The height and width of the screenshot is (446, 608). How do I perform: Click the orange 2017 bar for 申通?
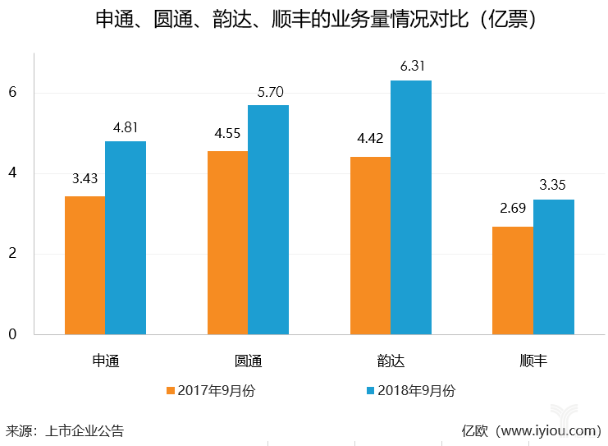click(x=85, y=265)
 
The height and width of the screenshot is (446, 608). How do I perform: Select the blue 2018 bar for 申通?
click(x=126, y=238)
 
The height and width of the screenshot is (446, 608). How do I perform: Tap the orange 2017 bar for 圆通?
click(x=227, y=243)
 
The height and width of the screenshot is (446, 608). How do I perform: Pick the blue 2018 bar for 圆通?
click(x=268, y=220)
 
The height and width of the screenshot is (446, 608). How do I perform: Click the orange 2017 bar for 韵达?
click(x=370, y=246)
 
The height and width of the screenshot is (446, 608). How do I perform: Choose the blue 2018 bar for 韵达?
click(x=411, y=208)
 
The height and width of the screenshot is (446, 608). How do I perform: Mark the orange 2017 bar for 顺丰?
click(x=513, y=280)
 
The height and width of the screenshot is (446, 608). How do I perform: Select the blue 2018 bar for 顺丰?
click(x=554, y=267)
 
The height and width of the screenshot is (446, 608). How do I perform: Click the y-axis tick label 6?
click(x=12, y=93)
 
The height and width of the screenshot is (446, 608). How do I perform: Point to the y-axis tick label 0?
click(x=12, y=334)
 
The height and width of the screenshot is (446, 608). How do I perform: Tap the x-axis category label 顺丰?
click(x=533, y=361)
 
